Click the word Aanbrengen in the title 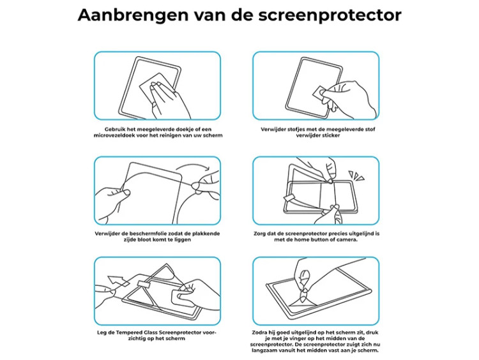pos(133,15)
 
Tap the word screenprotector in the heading pos(330,16)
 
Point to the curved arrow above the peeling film pos(193,167)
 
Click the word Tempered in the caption pos(129,333)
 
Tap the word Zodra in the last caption pos(259,333)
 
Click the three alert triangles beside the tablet pos(356,176)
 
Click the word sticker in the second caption pos(330,135)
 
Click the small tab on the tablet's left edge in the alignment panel pos(289,199)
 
